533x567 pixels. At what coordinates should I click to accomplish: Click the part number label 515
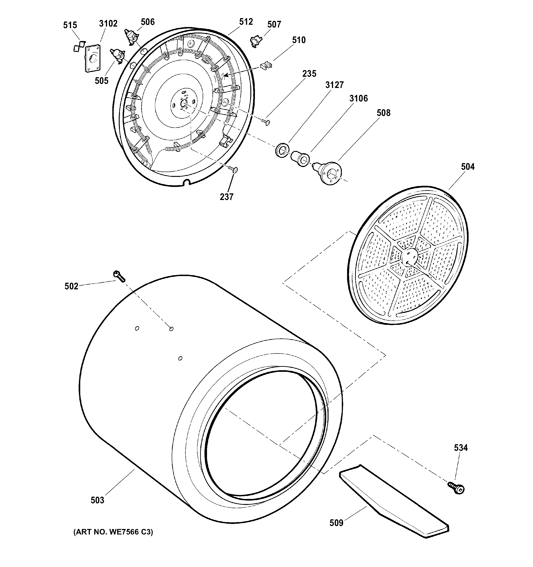[70, 25]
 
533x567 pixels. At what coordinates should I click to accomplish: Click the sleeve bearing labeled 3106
[300, 158]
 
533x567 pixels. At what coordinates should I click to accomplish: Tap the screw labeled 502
[119, 276]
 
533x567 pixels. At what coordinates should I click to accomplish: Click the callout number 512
[246, 22]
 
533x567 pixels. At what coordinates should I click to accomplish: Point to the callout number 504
[468, 167]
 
